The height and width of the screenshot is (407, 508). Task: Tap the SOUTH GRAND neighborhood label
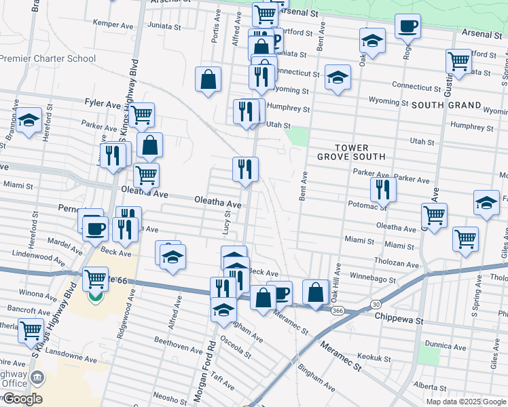446,106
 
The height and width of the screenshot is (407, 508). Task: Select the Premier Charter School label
48,58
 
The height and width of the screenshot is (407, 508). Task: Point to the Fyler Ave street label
103,103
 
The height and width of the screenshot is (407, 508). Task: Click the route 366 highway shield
338,309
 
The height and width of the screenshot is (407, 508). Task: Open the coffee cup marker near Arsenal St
407,27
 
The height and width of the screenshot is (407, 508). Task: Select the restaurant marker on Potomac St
384,191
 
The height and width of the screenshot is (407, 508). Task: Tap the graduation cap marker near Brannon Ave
28,121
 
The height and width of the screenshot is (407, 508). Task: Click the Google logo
22,399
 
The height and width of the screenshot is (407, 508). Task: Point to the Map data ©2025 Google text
465,402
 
